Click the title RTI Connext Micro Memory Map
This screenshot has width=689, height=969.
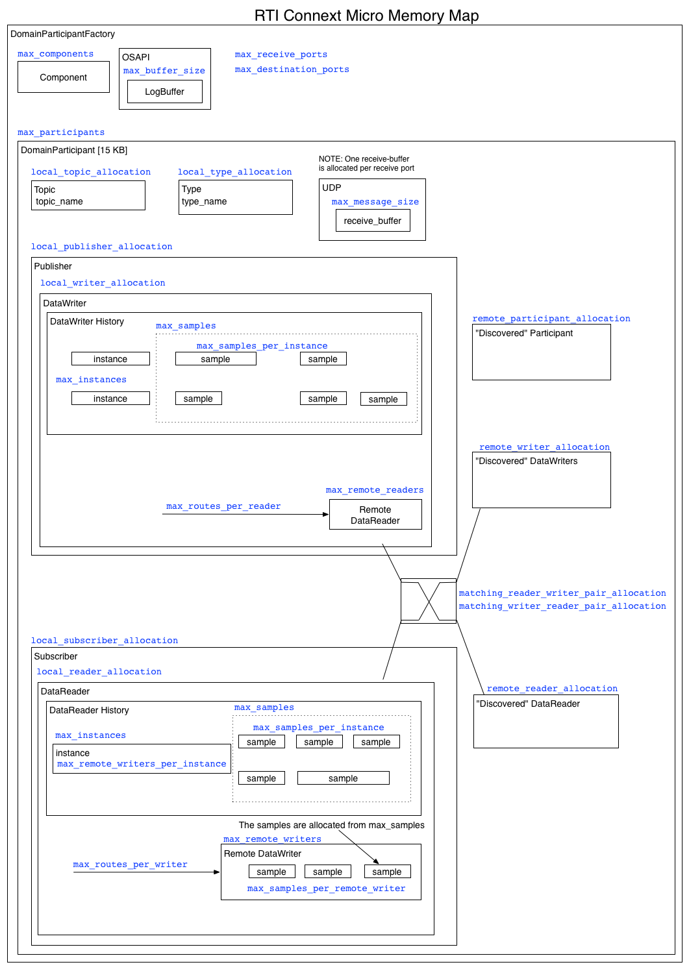tap(366, 16)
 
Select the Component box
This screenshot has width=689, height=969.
tap(64, 77)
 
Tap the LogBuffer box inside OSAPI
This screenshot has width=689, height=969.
tap(164, 92)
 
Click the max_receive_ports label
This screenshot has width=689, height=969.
tap(281, 55)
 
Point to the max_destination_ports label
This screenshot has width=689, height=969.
tap(292, 69)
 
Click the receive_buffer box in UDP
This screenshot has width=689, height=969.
tap(372, 221)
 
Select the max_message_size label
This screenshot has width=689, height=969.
tap(375, 202)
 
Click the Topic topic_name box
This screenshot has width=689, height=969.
tap(88, 195)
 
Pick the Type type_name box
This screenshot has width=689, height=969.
tap(235, 197)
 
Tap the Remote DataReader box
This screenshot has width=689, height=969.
tap(375, 515)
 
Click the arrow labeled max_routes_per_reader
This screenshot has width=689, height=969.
tap(245, 514)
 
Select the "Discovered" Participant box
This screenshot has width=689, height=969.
tap(541, 352)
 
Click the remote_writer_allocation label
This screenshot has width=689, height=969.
tap(544, 447)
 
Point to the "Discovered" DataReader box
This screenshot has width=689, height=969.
tap(545, 721)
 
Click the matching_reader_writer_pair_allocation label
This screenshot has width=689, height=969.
tap(562, 593)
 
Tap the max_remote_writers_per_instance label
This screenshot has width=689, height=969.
tap(142, 764)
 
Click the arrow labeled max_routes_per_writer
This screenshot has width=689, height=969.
tap(146, 872)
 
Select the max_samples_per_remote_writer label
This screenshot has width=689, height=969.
tap(326, 889)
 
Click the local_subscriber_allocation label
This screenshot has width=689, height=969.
tap(105, 641)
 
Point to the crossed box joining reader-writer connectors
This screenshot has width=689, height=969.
tap(429, 601)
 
